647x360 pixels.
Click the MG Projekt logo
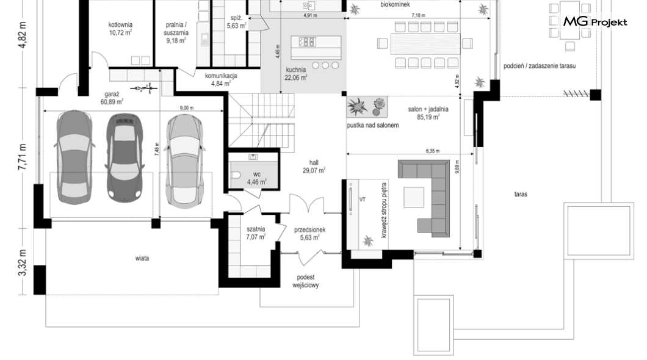tap(595, 21)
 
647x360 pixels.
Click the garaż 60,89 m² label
tap(112, 98)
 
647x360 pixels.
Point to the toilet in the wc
tap(236, 175)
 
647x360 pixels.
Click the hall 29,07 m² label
tap(314, 167)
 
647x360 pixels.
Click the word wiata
tap(142, 259)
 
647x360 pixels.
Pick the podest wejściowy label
tap(306, 281)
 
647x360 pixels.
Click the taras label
tap(521, 194)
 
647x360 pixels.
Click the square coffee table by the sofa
tap(414, 197)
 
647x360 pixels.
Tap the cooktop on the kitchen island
tap(307, 41)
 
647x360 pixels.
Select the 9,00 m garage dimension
tap(187, 108)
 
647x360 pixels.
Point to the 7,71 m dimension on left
tap(23, 157)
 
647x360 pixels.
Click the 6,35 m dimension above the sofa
tap(432, 151)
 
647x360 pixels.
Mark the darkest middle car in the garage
tap(124, 157)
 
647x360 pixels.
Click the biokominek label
tap(395, 4)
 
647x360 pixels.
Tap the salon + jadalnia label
tap(428, 113)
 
